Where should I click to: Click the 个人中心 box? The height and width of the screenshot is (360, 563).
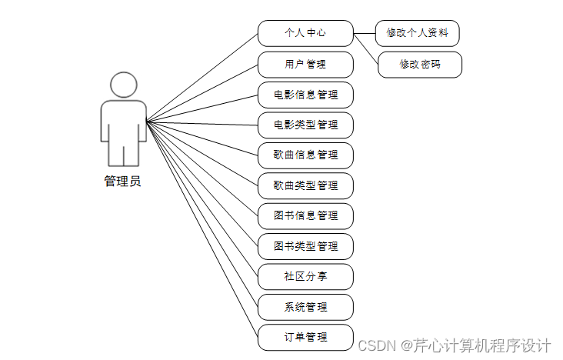[305, 33]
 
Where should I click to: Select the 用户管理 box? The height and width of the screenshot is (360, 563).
[305, 65]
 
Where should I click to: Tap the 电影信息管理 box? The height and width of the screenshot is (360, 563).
[305, 95]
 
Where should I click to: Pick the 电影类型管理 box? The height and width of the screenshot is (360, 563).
[305, 125]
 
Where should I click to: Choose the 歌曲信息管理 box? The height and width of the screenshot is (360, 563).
[305, 155]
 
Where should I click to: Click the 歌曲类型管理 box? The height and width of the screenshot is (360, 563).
[305, 185]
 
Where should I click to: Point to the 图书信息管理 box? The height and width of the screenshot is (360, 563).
[305, 216]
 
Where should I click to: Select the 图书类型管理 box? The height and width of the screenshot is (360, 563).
[305, 246]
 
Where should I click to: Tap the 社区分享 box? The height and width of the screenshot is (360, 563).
[305, 276]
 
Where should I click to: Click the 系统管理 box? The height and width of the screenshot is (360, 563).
[305, 307]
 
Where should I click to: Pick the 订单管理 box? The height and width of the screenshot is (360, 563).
[305, 337]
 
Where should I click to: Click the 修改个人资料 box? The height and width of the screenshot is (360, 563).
[417, 33]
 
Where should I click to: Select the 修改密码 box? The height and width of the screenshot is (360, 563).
[420, 65]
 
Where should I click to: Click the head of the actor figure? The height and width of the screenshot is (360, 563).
[123, 85]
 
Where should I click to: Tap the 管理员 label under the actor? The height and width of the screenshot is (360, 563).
[123, 182]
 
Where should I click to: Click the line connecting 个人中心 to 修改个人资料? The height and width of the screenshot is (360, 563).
[364, 33]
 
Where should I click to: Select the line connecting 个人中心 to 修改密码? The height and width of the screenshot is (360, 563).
[366, 48]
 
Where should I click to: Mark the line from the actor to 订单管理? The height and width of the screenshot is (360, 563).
[202, 229]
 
